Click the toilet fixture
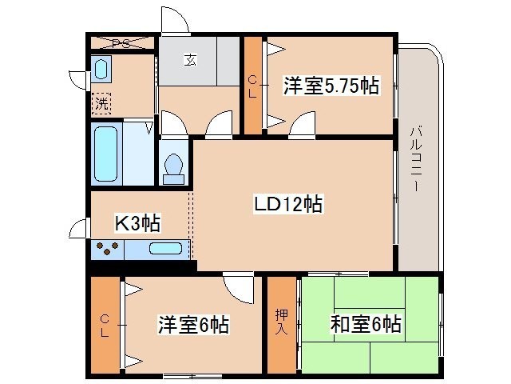pyautogui.click(x=174, y=169)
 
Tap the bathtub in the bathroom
pyautogui.click(x=105, y=154)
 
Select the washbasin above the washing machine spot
pyautogui.click(x=101, y=69)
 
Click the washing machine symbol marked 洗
pyautogui.click(x=101, y=104)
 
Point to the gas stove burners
pyautogui.click(x=107, y=248)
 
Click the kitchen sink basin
pyautogui.click(x=165, y=249)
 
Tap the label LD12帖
pyautogui.click(x=288, y=204)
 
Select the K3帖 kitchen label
pyautogui.click(x=137, y=223)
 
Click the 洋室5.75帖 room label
pyautogui.click(x=331, y=86)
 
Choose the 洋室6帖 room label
pyautogui.click(x=193, y=324)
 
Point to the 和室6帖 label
pyautogui.click(x=366, y=324)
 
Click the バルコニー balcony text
pyautogui.click(x=415, y=158)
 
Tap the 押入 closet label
pyautogui.click(x=281, y=322)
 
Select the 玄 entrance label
pyautogui.click(x=190, y=60)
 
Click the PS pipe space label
pyautogui.click(x=121, y=43)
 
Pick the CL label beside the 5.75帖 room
pyautogui.click(x=252, y=86)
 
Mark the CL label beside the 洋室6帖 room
pyautogui.click(x=105, y=326)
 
